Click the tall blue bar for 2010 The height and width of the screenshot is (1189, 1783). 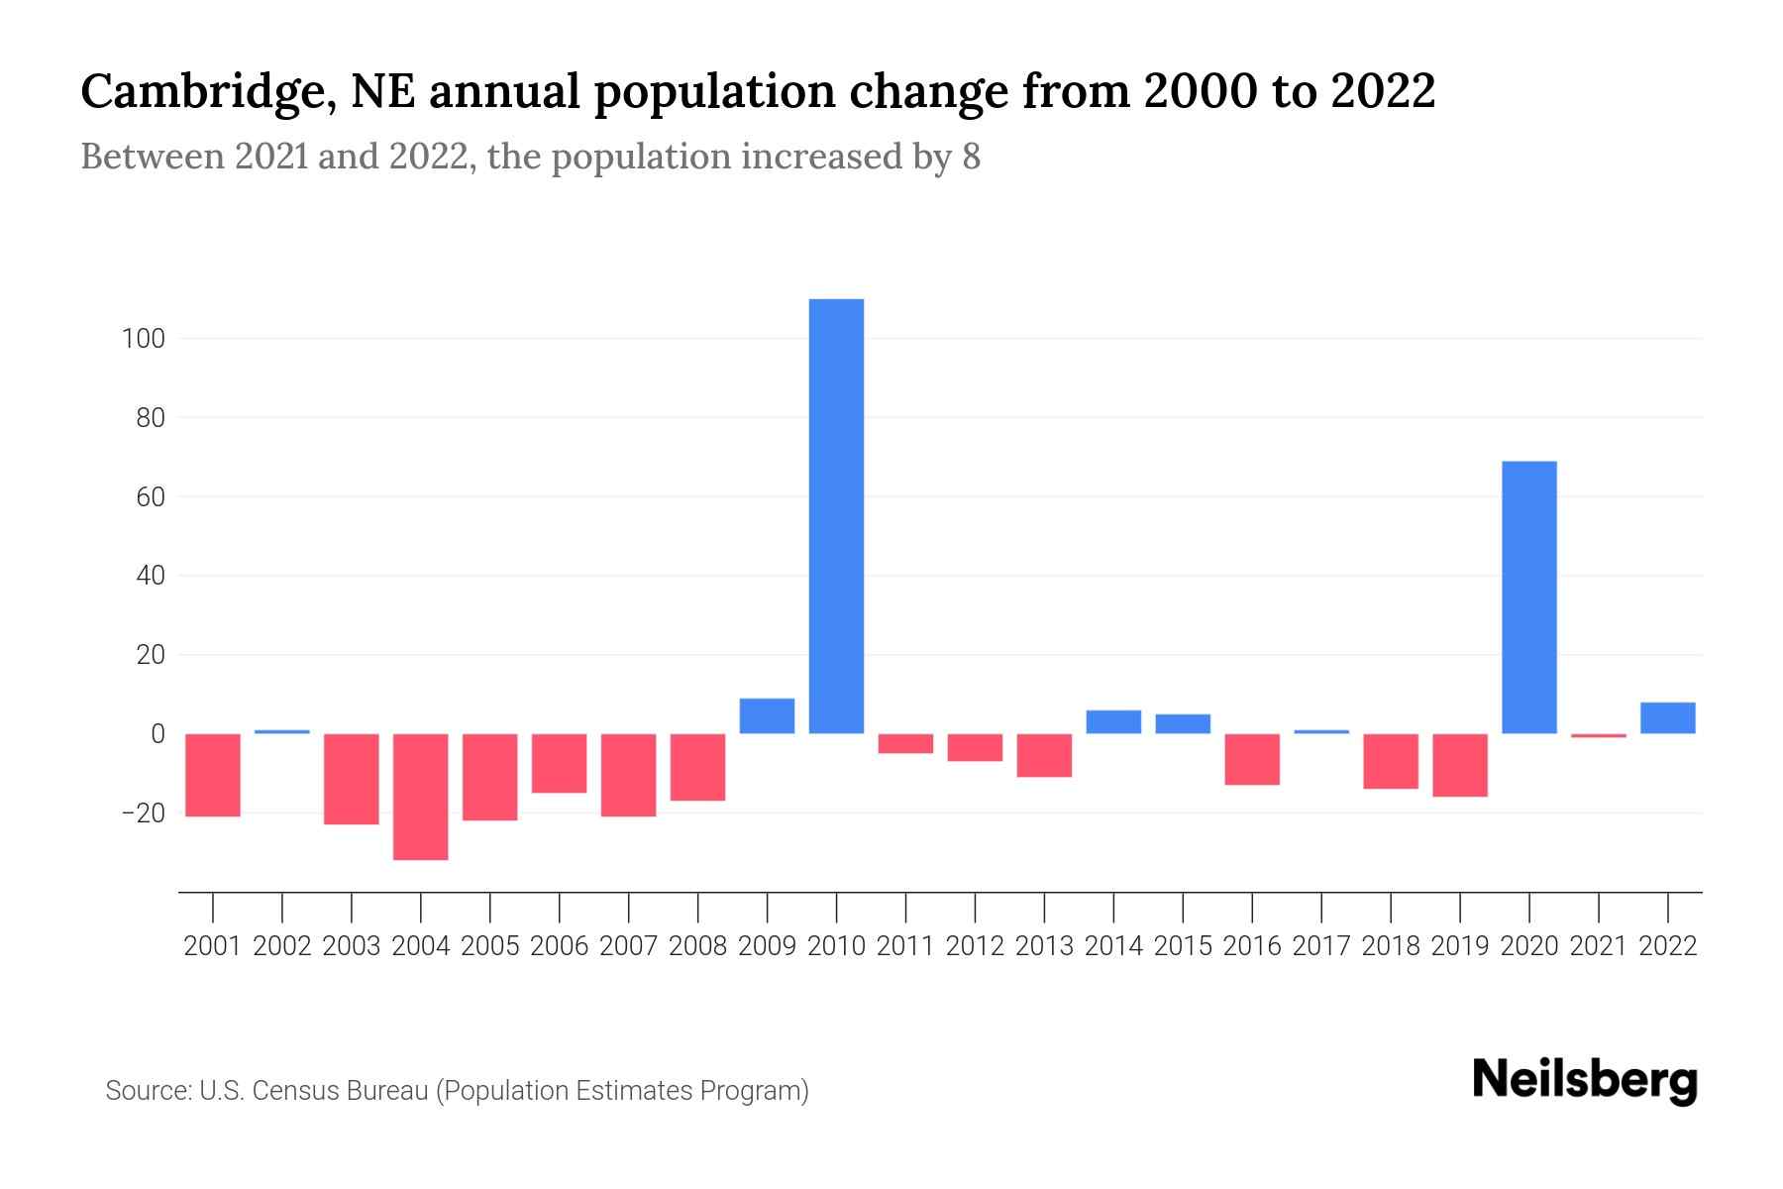(x=836, y=515)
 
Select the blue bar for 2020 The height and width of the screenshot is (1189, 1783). (x=1528, y=597)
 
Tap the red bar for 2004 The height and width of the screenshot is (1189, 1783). (x=421, y=797)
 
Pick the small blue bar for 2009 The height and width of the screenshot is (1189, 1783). (x=768, y=716)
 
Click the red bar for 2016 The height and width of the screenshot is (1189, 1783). (x=1252, y=759)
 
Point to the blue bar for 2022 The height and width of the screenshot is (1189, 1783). (x=1667, y=718)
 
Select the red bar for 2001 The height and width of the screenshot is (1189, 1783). (x=213, y=775)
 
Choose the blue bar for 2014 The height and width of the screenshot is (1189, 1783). (x=1113, y=722)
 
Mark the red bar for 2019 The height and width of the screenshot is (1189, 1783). (x=1459, y=765)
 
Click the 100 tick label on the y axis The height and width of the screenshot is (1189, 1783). (x=143, y=339)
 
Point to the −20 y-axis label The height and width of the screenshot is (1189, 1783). (x=143, y=813)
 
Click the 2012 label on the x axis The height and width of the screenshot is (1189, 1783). (x=975, y=946)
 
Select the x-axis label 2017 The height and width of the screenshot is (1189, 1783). (x=1320, y=946)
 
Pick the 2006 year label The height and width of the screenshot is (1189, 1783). (x=560, y=946)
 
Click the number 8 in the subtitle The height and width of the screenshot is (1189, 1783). (x=971, y=158)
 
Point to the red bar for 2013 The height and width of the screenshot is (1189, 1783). (x=1044, y=755)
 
